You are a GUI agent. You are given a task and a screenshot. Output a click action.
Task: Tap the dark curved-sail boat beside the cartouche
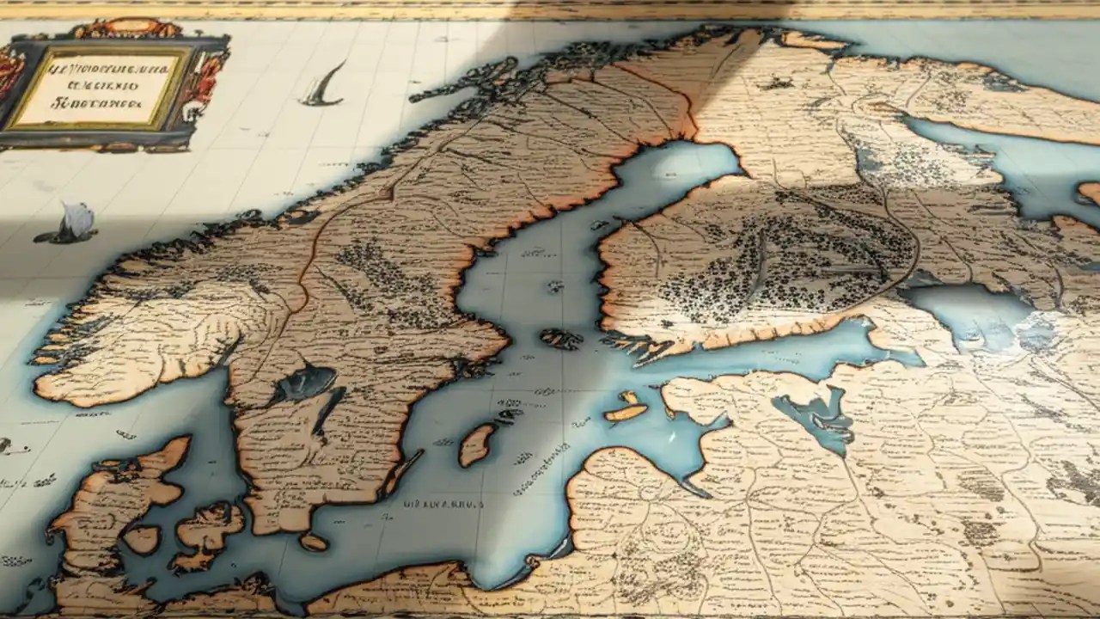325,86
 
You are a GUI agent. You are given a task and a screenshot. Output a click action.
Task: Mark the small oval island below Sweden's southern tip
314,542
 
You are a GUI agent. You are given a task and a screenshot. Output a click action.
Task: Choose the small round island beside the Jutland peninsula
141,539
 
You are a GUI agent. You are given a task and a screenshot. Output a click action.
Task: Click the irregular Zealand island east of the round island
206,533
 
